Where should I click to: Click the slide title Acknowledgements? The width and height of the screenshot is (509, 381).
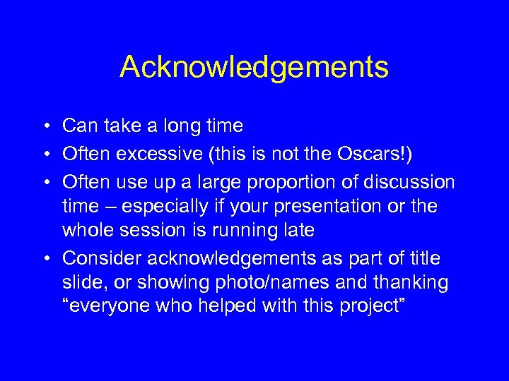coord(254,68)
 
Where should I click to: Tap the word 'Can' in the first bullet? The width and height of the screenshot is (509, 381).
coord(78,126)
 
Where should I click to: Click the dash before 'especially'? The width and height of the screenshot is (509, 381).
coord(111,207)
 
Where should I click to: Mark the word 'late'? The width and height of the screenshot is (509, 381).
coord(298,231)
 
